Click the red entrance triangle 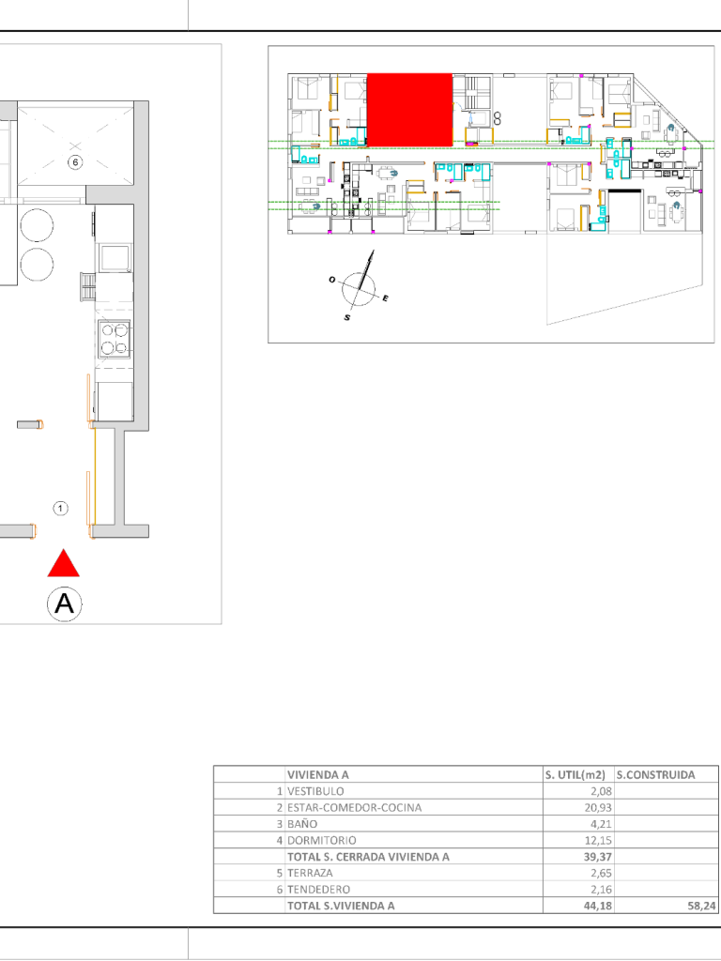pyautogui.click(x=64, y=563)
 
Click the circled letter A pyautogui.click(x=65, y=603)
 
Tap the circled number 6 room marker pyautogui.click(x=75, y=162)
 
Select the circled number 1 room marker pyautogui.click(x=60, y=508)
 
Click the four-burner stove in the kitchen pyautogui.click(x=114, y=339)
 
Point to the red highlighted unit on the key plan pyautogui.click(x=409, y=110)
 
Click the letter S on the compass pyautogui.click(x=347, y=317)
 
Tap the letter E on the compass pyautogui.click(x=385, y=298)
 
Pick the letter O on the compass pyautogui.click(x=331, y=280)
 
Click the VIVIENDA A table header pyautogui.click(x=317, y=774)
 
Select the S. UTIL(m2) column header pyautogui.click(x=575, y=774)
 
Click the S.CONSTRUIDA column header pyautogui.click(x=656, y=774)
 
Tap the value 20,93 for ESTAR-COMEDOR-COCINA pyautogui.click(x=598, y=808)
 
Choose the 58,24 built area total pyautogui.click(x=701, y=906)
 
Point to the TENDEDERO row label pyautogui.click(x=319, y=890)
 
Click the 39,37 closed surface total pyautogui.click(x=598, y=857)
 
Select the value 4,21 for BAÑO pyautogui.click(x=601, y=824)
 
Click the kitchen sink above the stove pyautogui.click(x=115, y=257)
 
